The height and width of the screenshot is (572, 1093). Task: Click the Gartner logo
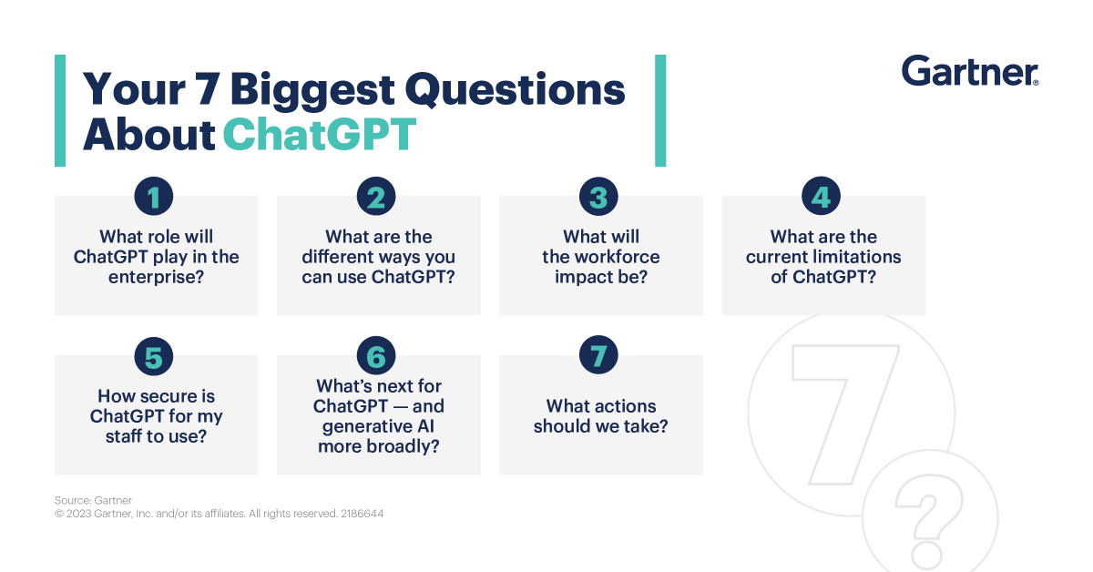click(969, 71)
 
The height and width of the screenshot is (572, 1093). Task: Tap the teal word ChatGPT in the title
click(319, 134)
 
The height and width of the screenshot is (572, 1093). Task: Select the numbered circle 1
click(153, 197)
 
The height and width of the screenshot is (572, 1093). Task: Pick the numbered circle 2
click(376, 197)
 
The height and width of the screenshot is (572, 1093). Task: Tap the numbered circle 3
click(598, 197)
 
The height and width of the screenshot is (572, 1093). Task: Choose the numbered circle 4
click(821, 197)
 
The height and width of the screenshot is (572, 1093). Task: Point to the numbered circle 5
click(153, 357)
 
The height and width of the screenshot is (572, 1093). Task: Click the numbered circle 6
click(376, 357)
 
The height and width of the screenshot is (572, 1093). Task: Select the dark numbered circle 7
click(598, 357)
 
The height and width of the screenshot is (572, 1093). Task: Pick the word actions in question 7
click(627, 406)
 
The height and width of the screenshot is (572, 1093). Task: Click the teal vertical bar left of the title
click(60, 110)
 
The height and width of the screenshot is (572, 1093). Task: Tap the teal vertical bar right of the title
click(660, 110)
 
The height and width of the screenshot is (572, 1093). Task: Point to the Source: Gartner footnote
click(93, 500)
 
